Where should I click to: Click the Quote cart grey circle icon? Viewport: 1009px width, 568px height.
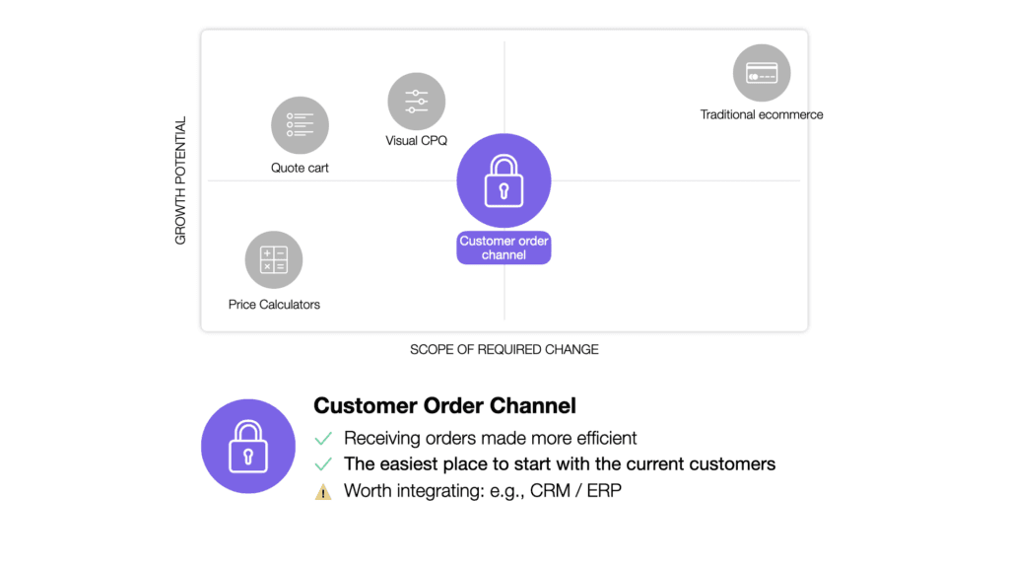tap(300, 125)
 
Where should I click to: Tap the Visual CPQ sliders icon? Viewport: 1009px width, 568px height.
tap(417, 101)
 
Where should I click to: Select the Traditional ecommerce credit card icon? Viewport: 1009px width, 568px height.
tap(762, 73)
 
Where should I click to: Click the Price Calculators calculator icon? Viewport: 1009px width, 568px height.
tap(273, 259)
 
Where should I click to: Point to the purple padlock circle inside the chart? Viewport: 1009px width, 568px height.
tap(504, 180)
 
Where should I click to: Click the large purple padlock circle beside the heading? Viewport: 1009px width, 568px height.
tap(248, 446)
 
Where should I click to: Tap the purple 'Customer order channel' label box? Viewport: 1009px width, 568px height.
tap(504, 248)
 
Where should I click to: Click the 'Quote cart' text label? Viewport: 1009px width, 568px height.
tap(300, 168)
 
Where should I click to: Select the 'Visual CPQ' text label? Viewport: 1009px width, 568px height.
tap(416, 141)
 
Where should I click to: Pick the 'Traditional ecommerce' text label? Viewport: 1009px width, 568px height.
tap(762, 114)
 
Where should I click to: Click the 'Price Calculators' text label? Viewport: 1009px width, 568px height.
tap(274, 305)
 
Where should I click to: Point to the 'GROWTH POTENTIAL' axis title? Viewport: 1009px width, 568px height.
tap(180, 181)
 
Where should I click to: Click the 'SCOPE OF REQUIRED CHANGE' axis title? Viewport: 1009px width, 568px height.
tap(504, 349)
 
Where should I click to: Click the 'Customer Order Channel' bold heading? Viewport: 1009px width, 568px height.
tap(444, 405)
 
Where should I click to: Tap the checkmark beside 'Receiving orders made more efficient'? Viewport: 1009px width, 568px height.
tap(322, 438)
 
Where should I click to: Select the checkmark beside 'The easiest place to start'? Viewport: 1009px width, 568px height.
tap(322, 463)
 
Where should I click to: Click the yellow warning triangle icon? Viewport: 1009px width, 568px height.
tap(323, 491)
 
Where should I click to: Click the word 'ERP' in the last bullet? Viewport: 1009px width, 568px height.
tap(604, 490)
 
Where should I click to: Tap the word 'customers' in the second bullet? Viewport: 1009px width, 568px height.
tap(734, 463)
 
